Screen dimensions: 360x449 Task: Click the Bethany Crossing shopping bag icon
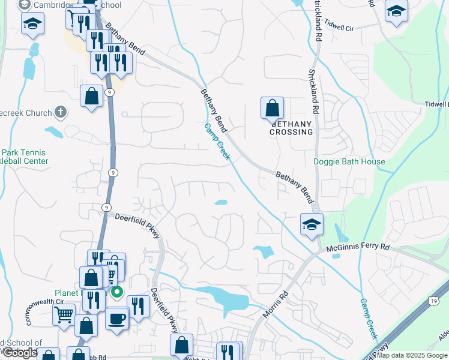click(272, 109)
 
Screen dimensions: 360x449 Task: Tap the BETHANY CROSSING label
click(291, 127)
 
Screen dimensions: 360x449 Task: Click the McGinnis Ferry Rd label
click(358, 247)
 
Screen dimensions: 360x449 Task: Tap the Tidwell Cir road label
click(340, 27)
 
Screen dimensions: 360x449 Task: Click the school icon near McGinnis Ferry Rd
click(312, 225)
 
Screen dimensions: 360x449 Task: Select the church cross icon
click(60, 112)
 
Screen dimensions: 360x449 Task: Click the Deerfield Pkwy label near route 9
click(137, 226)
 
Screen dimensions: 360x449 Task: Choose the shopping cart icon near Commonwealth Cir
click(64, 314)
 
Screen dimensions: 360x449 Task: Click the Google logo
click(20, 353)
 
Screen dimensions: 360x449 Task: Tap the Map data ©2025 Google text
click(411, 355)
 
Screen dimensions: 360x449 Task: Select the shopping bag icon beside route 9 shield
click(91, 97)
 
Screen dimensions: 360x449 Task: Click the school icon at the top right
click(396, 11)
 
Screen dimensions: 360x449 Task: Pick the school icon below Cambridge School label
click(32, 25)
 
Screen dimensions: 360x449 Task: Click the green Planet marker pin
click(118, 293)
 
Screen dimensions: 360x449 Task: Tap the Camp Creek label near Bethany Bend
click(217, 142)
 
